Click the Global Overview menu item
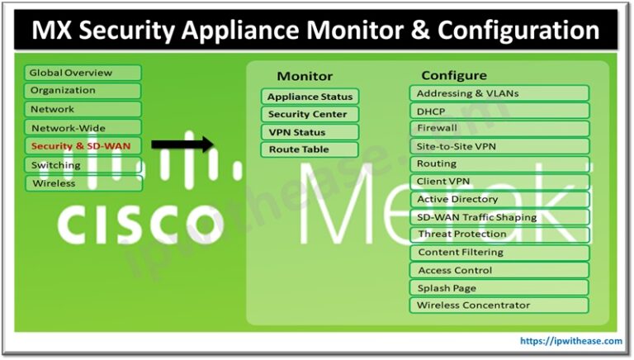click(83, 73)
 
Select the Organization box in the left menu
click(83, 91)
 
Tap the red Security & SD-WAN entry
click(83, 146)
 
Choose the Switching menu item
click(83, 165)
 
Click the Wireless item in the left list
click(83, 183)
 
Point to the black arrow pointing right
click(182, 144)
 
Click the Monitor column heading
click(305, 76)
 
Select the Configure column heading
click(454, 75)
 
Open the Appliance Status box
click(310, 97)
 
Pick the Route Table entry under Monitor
click(310, 149)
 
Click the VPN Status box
click(310, 132)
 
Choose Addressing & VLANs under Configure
click(499, 93)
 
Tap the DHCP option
click(499, 111)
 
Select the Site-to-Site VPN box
click(499, 146)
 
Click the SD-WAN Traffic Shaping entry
click(499, 217)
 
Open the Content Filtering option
click(499, 253)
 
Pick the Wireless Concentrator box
click(499, 306)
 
